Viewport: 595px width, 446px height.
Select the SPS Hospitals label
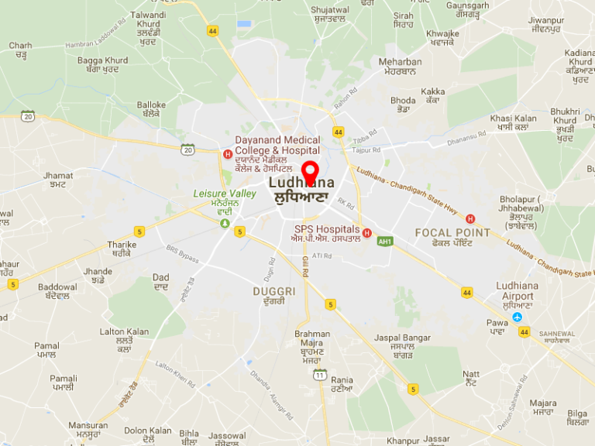[x=326, y=230]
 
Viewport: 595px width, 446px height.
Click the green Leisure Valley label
[x=225, y=193]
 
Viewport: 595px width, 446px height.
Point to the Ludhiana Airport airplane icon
[x=517, y=317]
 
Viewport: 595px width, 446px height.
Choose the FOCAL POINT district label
[x=452, y=233]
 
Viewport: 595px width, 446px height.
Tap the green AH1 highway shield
[x=384, y=242]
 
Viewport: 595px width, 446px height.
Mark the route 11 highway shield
[x=319, y=375]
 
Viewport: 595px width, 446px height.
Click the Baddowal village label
[x=57, y=286]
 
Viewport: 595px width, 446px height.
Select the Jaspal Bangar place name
[x=402, y=338]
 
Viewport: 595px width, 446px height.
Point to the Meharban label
[x=400, y=62]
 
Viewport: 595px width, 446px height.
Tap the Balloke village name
[x=151, y=105]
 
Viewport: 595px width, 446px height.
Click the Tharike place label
[x=122, y=245]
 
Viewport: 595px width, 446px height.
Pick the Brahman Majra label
[x=311, y=339]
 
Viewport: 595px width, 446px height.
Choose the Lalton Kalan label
[x=124, y=331]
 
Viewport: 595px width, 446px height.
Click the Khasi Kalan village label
[x=513, y=118]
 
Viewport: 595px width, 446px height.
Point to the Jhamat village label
[x=58, y=176]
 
